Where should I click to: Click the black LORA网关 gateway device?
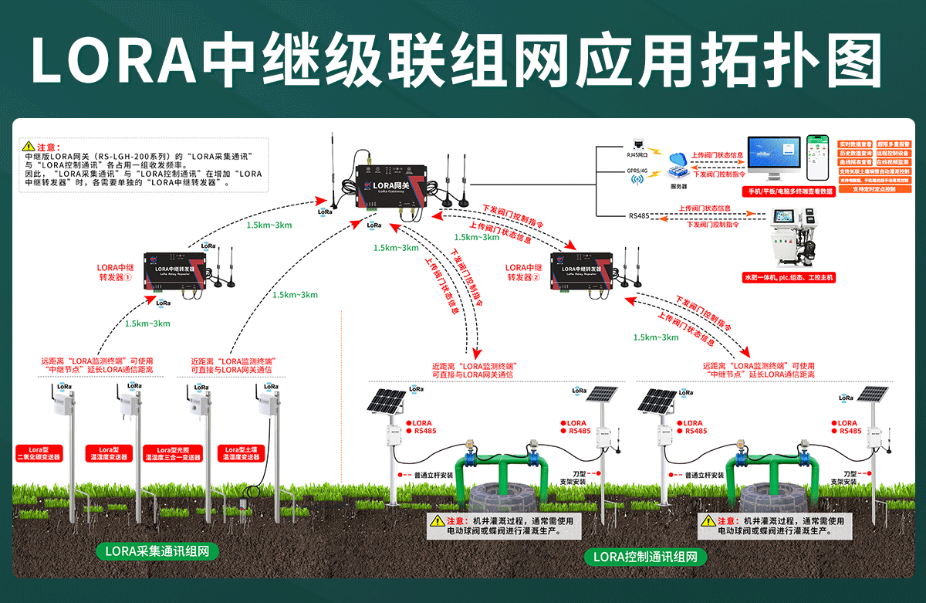point(386,185)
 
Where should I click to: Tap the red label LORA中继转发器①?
point(115,272)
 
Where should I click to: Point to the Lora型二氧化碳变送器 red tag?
point(39,453)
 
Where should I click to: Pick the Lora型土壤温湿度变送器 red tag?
point(240,453)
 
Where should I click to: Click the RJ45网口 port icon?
point(637,144)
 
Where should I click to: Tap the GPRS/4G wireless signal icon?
point(637,179)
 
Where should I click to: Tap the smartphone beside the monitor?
point(818,158)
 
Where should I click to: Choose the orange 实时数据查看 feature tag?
point(855,144)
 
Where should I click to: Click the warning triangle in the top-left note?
point(29,145)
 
